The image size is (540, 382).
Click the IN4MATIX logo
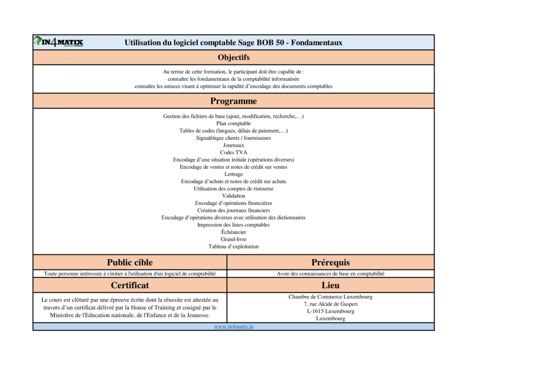pos(59,42)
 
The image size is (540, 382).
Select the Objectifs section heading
pos(234,57)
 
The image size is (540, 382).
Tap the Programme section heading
pos(234,101)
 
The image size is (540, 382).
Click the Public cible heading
pos(130,262)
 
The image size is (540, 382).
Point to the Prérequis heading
pos(331,262)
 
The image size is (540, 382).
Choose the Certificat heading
pos(130,285)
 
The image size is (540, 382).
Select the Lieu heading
pos(331,285)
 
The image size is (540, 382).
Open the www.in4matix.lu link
pos(234,327)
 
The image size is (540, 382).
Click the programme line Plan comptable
pos(234,123)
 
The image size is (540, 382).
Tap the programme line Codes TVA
pos(234,152)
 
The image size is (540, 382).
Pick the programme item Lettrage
pos(234,174)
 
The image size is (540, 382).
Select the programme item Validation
pos(234,196)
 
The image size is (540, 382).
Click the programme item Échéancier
pos(234,232)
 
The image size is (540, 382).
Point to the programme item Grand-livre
pos(234,239)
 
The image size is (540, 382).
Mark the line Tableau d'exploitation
pos(234,246)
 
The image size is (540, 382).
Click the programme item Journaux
pos(234,145)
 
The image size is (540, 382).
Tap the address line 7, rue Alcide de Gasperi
pos(331,304)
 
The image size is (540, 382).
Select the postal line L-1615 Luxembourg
pos(331,311)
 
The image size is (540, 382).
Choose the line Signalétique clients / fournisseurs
pos(234,138)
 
